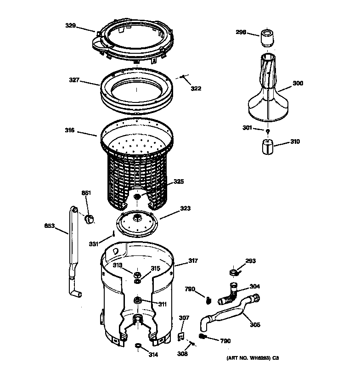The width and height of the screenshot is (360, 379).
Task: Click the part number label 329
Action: [70, 26]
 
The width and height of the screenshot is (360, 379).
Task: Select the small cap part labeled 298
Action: [267, 37]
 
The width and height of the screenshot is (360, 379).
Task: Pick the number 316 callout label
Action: [70, 131]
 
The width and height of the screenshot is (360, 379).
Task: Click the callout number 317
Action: [193, 261]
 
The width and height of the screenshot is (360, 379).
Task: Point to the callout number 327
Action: [74, 80]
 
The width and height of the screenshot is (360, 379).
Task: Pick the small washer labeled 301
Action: [267, 131]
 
